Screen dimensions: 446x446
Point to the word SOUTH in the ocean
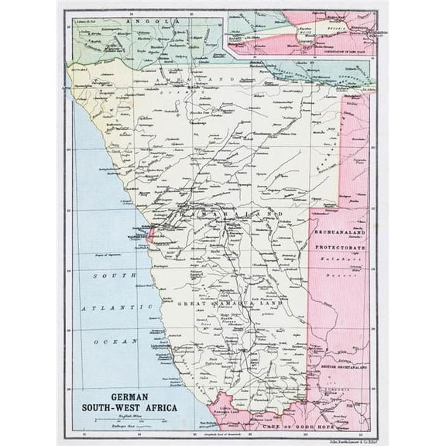tap(103, 275)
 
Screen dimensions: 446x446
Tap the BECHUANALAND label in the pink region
tap(339, 233)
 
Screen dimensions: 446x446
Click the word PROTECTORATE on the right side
tap(339, 244)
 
